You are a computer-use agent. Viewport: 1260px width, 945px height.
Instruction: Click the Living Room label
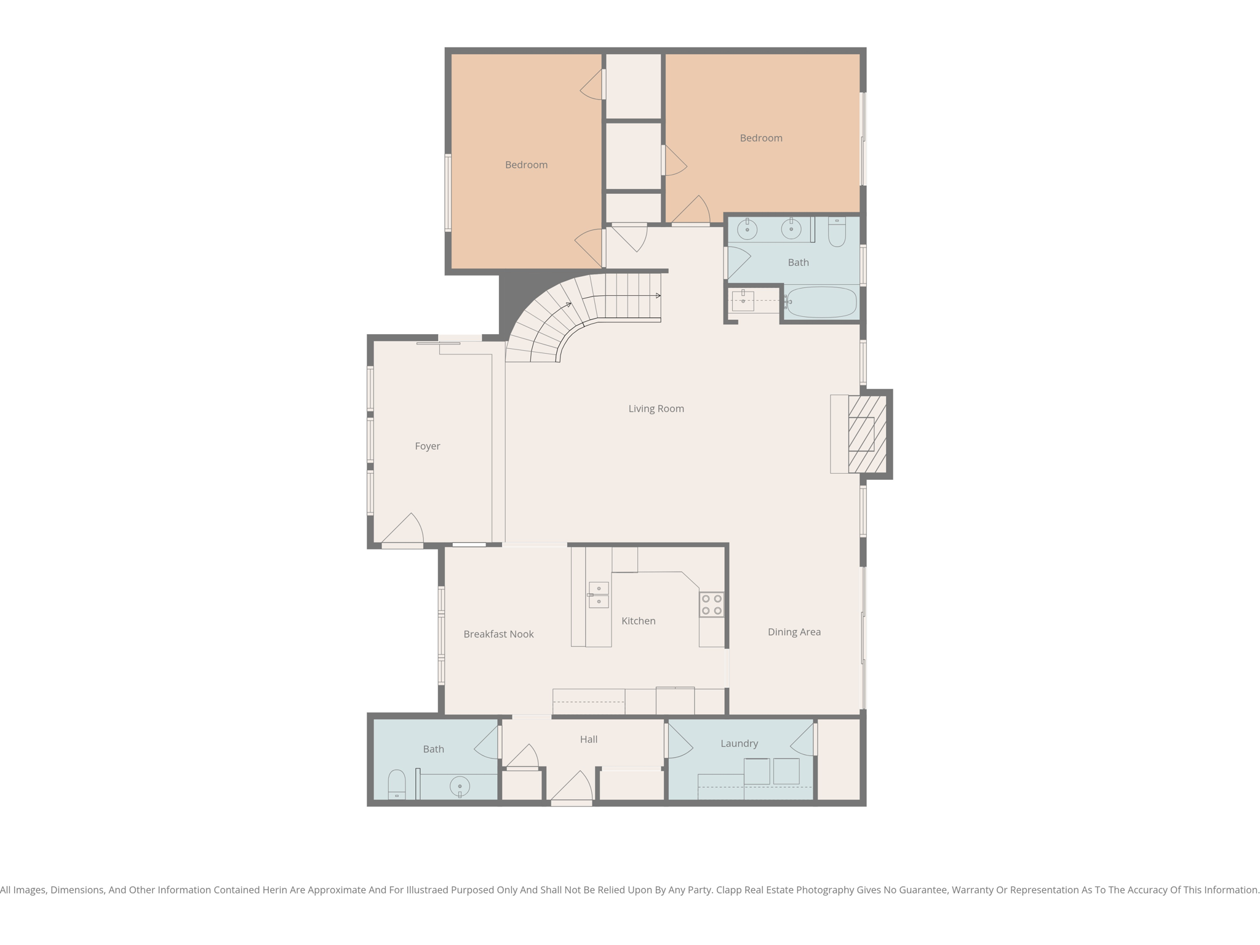(656, 409)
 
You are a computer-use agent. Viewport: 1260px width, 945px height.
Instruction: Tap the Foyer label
(427, 446)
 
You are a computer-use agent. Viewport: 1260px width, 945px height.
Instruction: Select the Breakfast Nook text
(498, 634)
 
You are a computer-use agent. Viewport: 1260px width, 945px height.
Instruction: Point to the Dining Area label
(794, 632)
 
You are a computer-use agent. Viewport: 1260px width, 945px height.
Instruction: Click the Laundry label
(739, 743)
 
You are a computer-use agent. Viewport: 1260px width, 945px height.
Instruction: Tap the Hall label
(588, 740)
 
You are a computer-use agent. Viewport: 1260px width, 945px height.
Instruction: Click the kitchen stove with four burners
(711, 605)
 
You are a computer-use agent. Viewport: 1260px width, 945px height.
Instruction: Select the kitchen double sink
(598, 595)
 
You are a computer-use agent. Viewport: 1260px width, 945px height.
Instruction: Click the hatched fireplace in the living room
(867, 434)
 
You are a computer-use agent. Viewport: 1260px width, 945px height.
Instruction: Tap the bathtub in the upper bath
(821, 303)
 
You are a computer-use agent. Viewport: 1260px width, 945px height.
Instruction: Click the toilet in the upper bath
(837, 232)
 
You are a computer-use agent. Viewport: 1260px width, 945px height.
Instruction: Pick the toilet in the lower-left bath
(397, 784)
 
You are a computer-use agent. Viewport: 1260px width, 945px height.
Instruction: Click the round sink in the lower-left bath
(460, 786)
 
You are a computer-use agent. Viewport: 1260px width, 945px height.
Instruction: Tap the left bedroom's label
(526, 165)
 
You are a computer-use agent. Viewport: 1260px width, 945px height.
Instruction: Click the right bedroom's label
(761, 138)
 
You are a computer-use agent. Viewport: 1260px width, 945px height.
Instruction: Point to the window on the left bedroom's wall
(448, 193)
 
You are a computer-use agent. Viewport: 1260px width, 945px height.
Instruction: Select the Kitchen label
(638, 621)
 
